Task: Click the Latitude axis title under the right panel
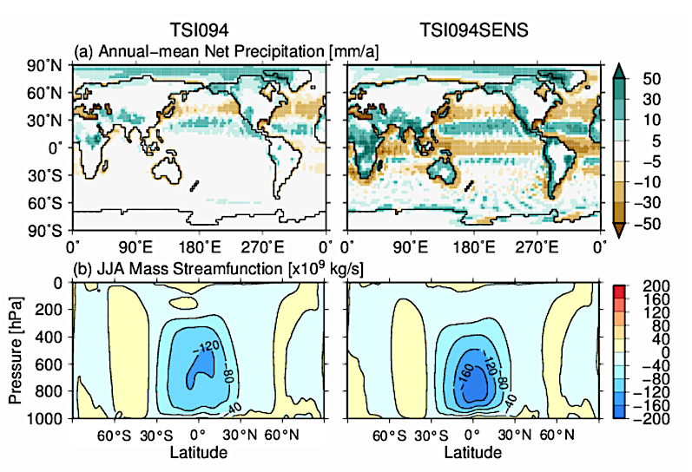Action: (472, 452)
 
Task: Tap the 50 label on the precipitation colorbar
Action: (652, 78)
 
